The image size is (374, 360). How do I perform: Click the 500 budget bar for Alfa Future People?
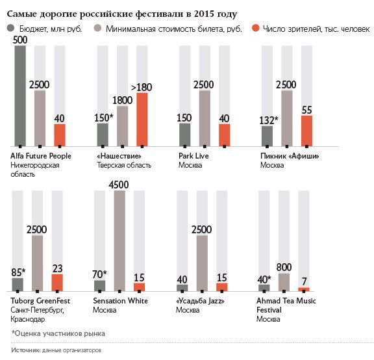20,96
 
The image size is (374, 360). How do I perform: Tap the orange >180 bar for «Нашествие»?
142,120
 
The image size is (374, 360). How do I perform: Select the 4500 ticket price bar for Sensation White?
119,241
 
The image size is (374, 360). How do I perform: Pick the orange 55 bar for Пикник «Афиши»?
306,131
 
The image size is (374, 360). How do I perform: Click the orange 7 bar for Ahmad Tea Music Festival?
304,290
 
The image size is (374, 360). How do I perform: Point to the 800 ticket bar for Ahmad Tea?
284,283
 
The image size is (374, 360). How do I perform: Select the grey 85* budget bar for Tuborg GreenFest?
18,285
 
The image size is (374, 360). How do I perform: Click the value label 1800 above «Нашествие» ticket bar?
122,100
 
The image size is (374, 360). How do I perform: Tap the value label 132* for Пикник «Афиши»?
269,120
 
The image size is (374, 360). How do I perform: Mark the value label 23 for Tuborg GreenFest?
58,268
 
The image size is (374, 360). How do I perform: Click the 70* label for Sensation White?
99,274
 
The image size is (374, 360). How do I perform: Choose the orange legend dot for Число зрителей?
255,28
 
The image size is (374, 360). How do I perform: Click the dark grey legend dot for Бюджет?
11,28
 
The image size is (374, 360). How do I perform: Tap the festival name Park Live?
193,156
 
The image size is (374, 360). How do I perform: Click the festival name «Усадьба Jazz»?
200,301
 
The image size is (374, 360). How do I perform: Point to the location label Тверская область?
124,165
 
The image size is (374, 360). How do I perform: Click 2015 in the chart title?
204,14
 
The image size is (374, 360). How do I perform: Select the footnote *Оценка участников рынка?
58,333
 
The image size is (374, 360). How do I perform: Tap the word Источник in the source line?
26,350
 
